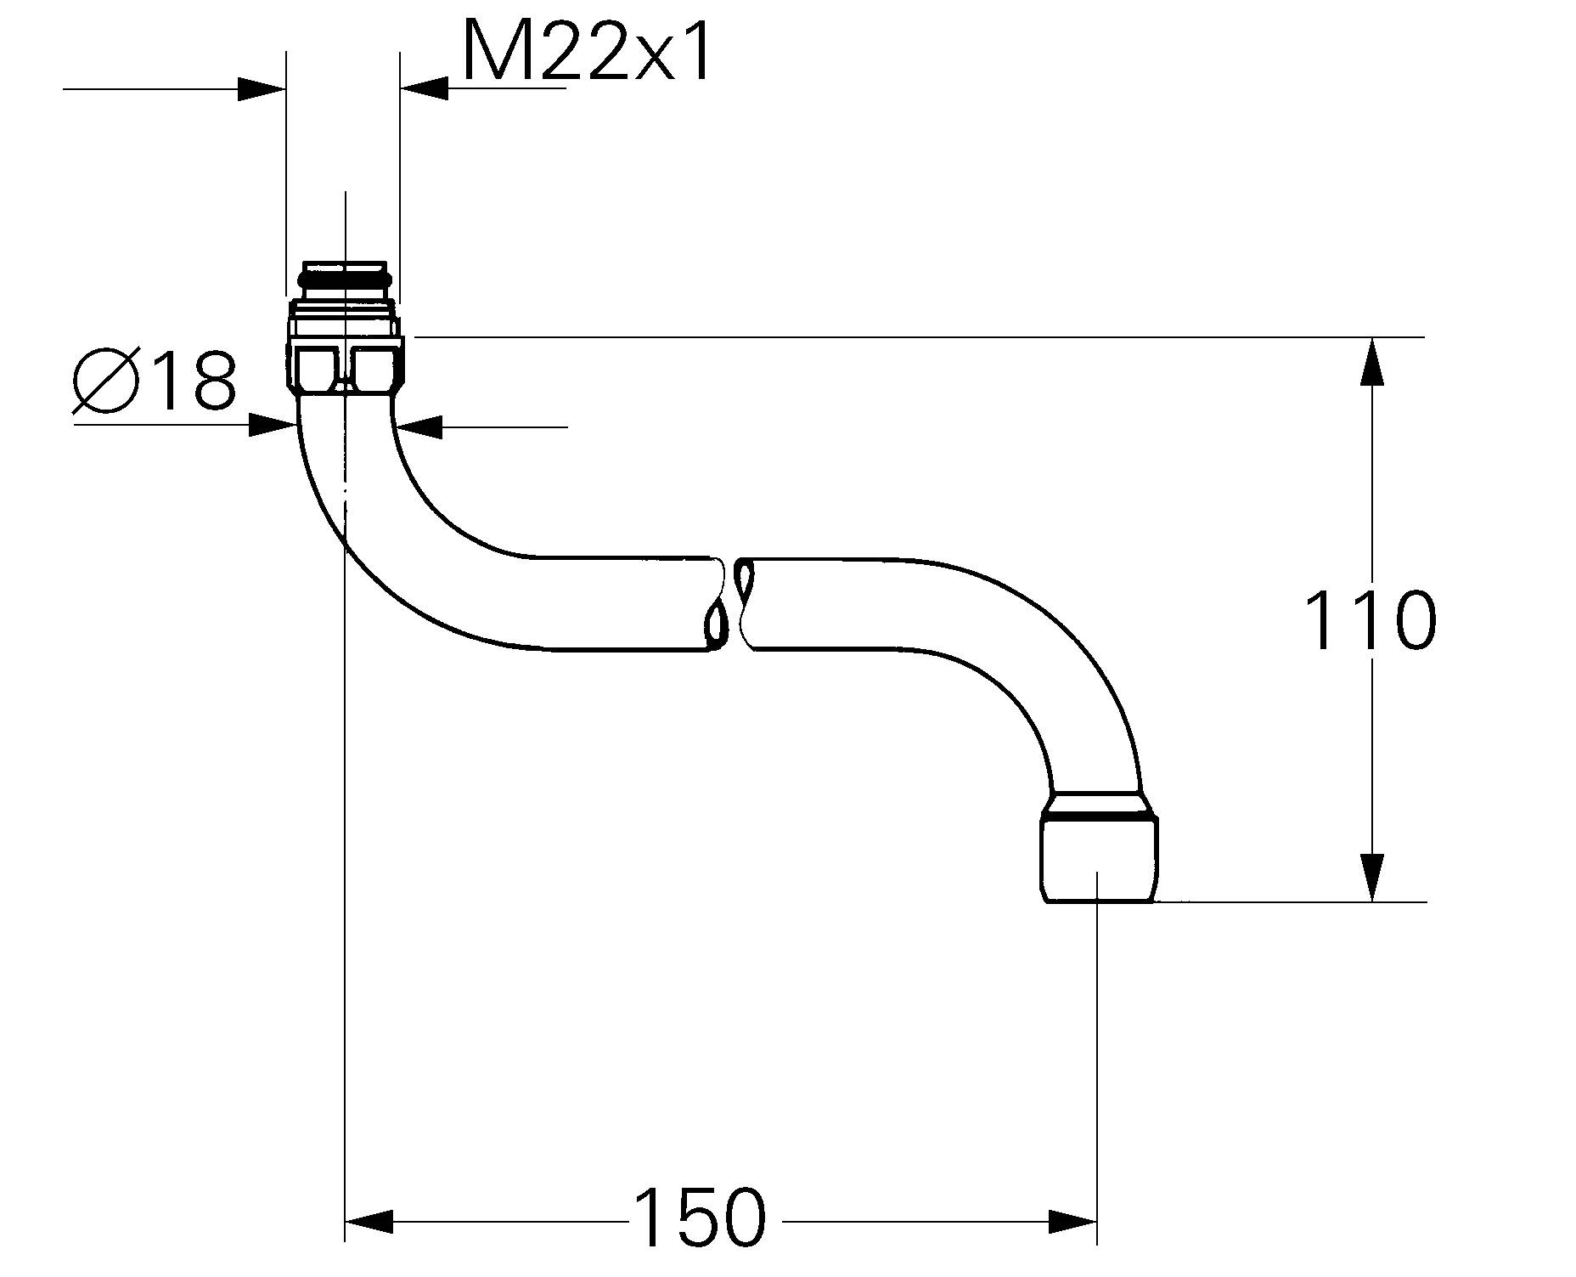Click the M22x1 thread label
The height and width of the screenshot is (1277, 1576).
click(586, 53)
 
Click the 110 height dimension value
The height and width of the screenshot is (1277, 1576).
click(1369, 621)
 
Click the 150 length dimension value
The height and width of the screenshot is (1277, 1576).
click(700, 1218)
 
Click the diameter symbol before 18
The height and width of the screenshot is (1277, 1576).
click(107, 380)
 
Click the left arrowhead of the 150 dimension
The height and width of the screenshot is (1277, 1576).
click(369, 1222)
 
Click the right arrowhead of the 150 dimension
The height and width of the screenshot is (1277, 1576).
click(1073, 1222)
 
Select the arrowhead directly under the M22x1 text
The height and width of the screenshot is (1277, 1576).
click(424, 88)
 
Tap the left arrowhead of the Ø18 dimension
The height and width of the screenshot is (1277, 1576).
click(273, 425)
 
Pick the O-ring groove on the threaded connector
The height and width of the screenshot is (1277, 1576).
click(345, 278)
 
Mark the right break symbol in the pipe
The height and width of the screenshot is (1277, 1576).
click(746, 603)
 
